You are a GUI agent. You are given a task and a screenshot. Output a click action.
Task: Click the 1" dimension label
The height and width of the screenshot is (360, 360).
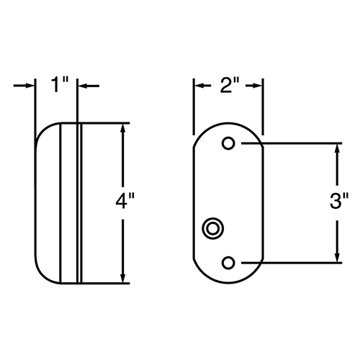(x=60, y=84)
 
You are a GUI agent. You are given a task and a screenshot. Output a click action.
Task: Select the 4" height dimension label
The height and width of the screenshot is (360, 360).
(x=125, y=201)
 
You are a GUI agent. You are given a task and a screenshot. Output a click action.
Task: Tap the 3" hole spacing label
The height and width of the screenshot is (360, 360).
(x=339, y=200)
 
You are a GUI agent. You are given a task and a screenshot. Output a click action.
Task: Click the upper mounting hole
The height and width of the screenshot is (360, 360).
(x=228, y=143)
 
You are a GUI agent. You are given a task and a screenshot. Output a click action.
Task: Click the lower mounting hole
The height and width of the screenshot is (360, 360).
(x=228, y=263)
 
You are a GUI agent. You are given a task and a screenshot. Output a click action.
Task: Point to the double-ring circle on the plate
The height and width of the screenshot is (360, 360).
(x=212, y=228)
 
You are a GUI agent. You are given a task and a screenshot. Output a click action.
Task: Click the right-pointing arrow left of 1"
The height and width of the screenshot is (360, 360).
(x=24, y=86)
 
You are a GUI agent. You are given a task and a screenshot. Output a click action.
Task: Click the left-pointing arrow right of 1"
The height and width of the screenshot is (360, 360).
(x=89, y=86)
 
